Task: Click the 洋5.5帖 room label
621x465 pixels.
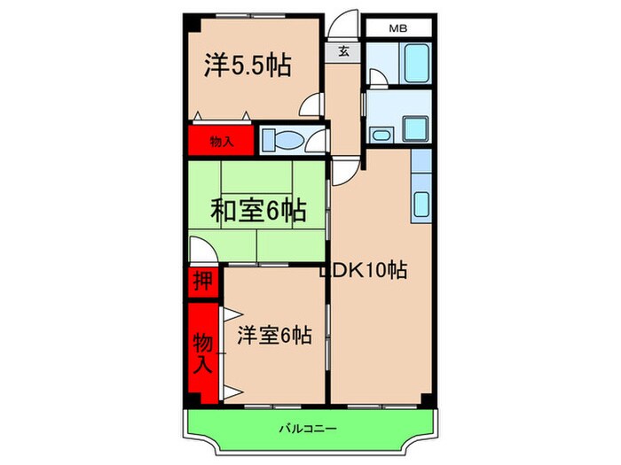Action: pyautogui.click(x=249, y=66)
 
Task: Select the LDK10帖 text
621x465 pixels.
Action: pyautogui.click(x=364, y=271)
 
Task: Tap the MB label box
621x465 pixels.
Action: pyautogui.click(x=397, y=28)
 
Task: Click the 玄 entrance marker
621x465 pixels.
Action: pyautogui.click(x=343, y=51)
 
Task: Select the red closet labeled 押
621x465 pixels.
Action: pyautogui.click(x=202, y=282)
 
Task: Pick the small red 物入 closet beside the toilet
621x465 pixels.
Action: pyautogui.click(x=220, y=141)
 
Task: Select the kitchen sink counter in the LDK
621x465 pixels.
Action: pyautogui.click(x=421, y=198)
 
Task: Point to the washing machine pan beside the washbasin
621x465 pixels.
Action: pyautogui.click(x=416, y=128)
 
